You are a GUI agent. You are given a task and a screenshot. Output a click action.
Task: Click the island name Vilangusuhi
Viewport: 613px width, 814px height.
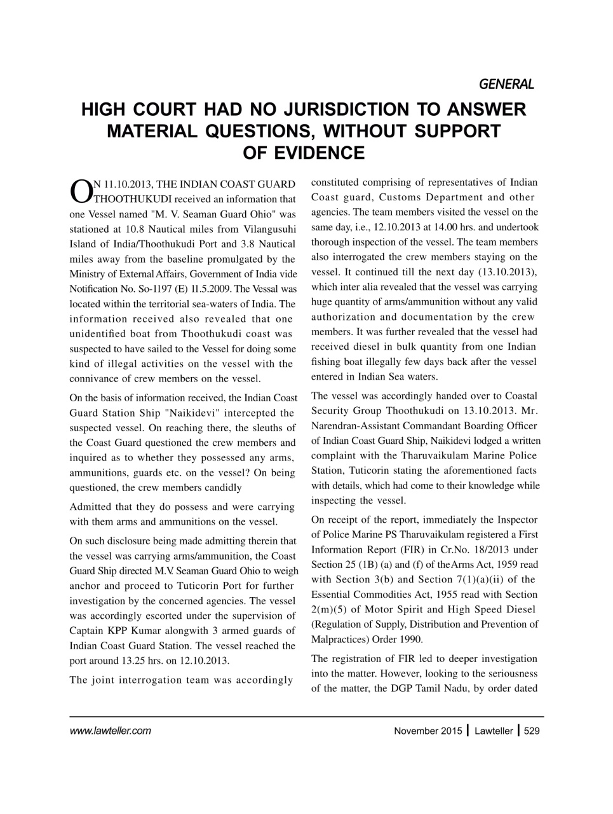(x=269, y=230)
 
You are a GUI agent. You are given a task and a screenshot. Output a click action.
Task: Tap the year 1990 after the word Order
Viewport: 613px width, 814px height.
(x=410, y=639)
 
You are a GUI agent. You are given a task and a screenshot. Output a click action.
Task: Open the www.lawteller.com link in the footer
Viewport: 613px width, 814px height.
(x=110, y=731)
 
